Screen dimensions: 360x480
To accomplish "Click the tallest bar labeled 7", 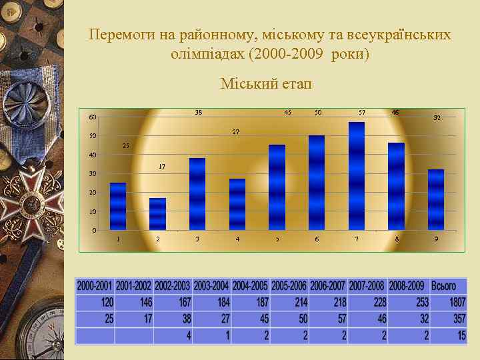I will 357,176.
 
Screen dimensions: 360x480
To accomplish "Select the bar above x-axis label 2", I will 157,213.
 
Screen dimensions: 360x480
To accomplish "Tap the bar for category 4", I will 237,204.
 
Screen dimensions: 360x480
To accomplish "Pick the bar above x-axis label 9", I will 435,199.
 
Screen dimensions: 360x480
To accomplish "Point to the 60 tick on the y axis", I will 93,118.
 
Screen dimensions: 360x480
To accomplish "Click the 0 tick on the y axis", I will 94,231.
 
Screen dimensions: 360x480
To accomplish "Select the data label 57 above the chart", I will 361,112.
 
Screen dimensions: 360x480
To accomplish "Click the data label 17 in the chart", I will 162,167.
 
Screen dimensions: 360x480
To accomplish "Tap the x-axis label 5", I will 277,239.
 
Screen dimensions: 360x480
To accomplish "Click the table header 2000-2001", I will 95,286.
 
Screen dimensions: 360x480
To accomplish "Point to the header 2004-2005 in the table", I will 250,286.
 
